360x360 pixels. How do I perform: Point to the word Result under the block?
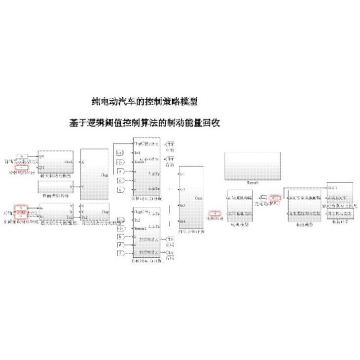(x=253, y=182)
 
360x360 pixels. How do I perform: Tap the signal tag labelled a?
(x=120, y=171)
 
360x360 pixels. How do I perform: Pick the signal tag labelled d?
(x=120, y=245)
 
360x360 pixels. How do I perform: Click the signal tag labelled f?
(x=120, y=253)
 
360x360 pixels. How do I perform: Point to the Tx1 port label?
(x=138, y=153)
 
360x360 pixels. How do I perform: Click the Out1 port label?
(x=199, y=198)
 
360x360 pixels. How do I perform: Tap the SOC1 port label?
(x=332, y=189)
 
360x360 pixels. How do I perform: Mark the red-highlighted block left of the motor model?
(x=214, y=214)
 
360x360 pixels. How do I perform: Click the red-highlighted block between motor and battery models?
(x=275, y=198)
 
